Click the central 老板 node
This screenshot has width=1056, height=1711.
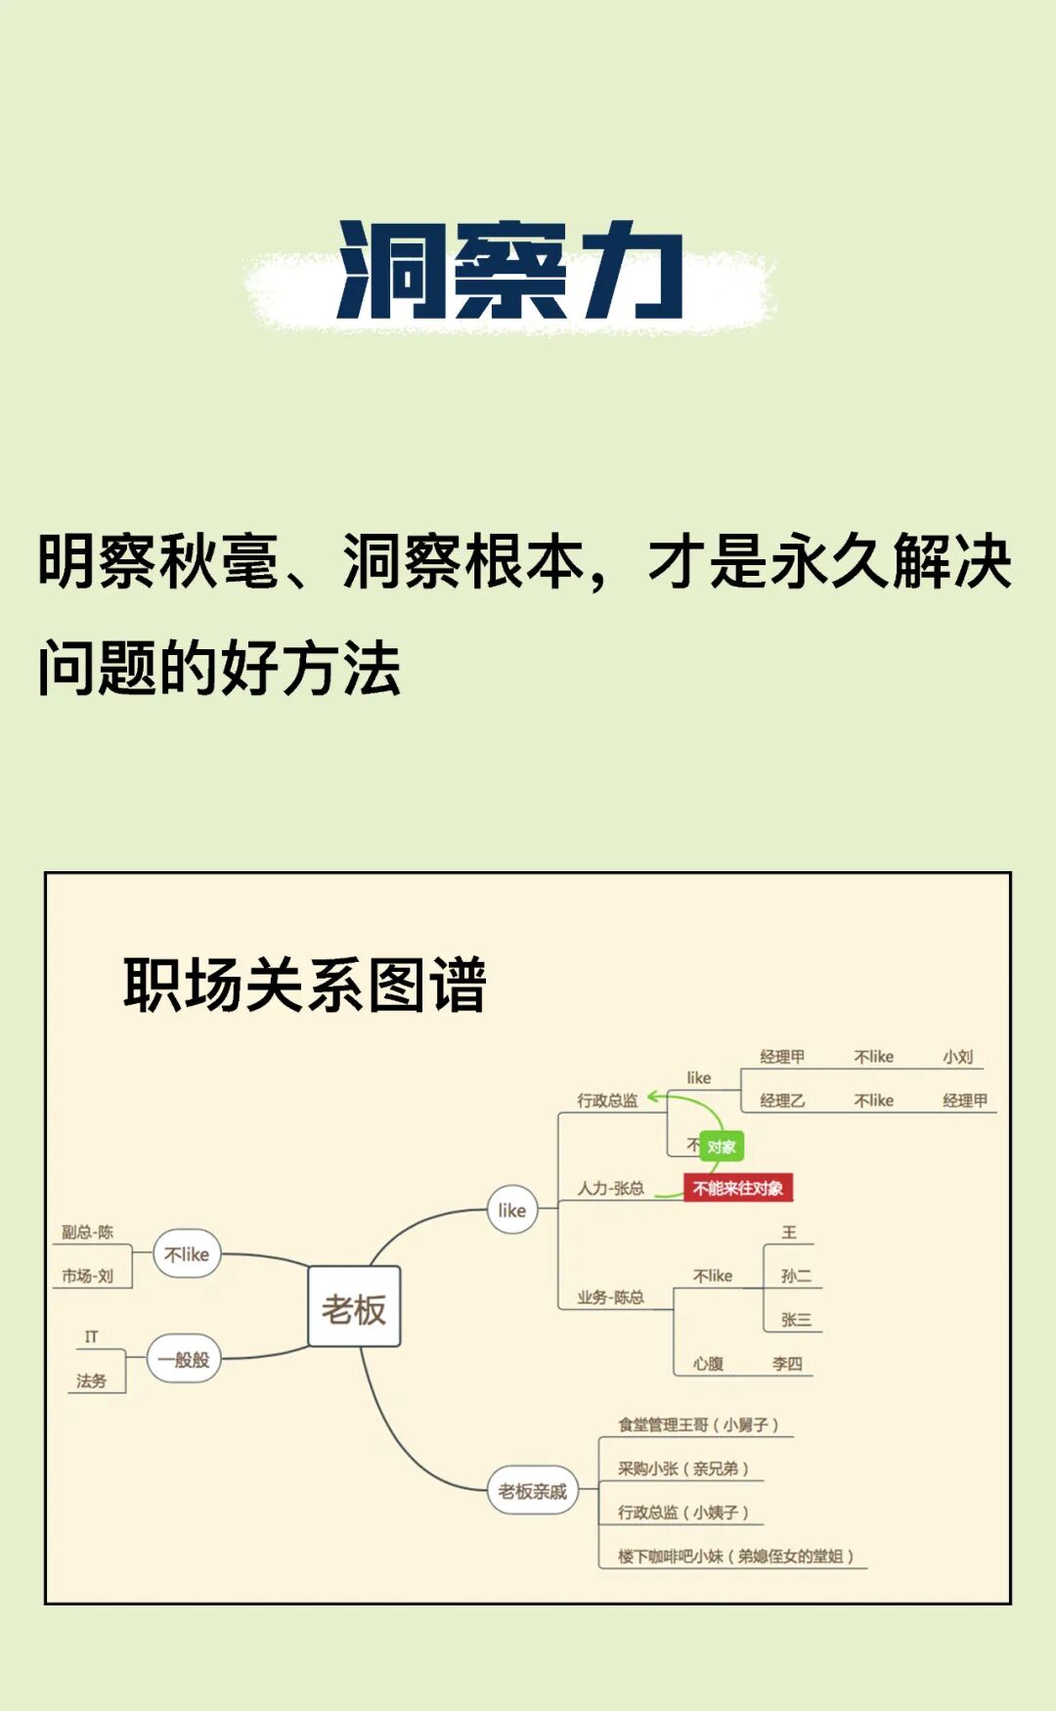[x=354, y=1308]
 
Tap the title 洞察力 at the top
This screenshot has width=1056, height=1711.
[x=509, y=271]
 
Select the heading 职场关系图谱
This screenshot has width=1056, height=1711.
[x=304, y=985]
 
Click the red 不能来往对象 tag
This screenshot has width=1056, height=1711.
[x=737, y=1188]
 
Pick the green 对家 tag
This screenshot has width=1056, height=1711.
[x=722, y=1147]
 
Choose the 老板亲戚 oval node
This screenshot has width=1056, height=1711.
[x=533, y=1491]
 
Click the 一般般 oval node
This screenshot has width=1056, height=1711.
[x=184, y=1359]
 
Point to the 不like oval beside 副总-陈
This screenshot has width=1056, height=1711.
[x=187, y=1254]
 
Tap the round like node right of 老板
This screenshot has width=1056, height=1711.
[x=512, y=1210]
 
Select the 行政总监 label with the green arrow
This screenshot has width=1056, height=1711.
[x=607, y=1100]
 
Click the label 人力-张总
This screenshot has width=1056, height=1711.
[x=610, y=1188]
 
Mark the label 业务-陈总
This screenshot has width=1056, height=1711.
[x=610, y=1297]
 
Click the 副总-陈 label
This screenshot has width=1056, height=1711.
[x=88, y=1232]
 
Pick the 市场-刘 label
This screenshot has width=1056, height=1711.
[x=88, y=1276]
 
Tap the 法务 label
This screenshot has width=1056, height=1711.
[x=91, y=1381]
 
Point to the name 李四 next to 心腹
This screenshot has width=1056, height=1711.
[x=787, y=1363]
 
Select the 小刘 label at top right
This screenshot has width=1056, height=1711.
[x=958, y=1057]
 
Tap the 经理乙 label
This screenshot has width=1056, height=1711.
[x=782, y=1101]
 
